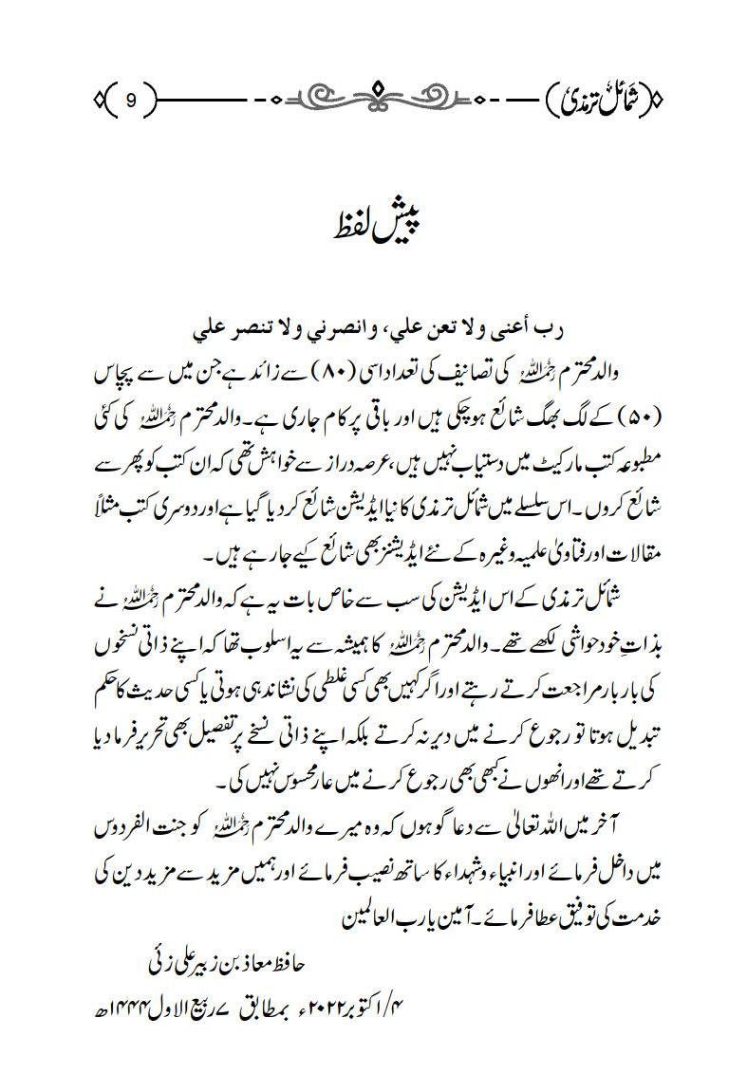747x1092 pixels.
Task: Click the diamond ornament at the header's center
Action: [373, 96]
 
